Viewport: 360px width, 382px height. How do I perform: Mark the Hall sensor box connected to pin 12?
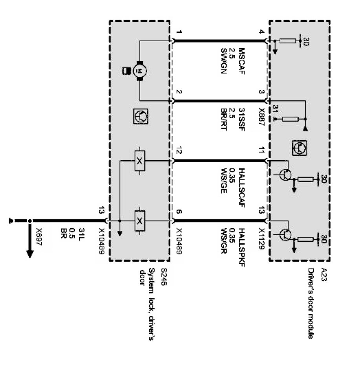[x=140, y=161]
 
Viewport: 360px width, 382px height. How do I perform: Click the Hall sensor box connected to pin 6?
[x=140, y=221]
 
